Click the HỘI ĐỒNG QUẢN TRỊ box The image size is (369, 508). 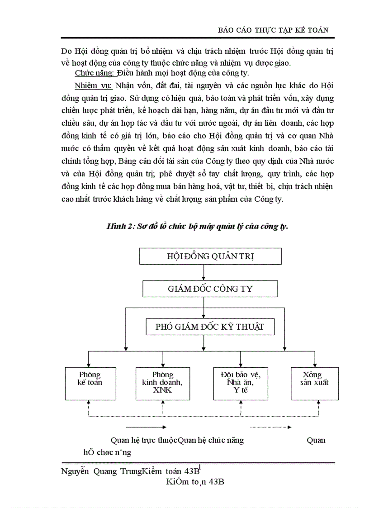210,256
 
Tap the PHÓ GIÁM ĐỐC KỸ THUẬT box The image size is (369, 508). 210,327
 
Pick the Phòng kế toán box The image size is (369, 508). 90,383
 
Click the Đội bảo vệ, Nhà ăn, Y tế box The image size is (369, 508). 238,383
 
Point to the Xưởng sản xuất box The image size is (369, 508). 314,383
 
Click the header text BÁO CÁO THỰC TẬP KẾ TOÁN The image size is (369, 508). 273,29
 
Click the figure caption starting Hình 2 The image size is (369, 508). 197,226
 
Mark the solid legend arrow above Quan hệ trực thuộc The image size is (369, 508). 146,427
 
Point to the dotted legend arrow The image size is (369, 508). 270,427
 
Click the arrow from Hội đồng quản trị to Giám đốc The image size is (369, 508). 204,272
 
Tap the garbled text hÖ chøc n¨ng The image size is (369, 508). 107,452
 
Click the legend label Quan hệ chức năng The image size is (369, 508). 211,440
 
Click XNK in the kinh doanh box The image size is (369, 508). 162,390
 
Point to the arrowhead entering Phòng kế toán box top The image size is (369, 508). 89,364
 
